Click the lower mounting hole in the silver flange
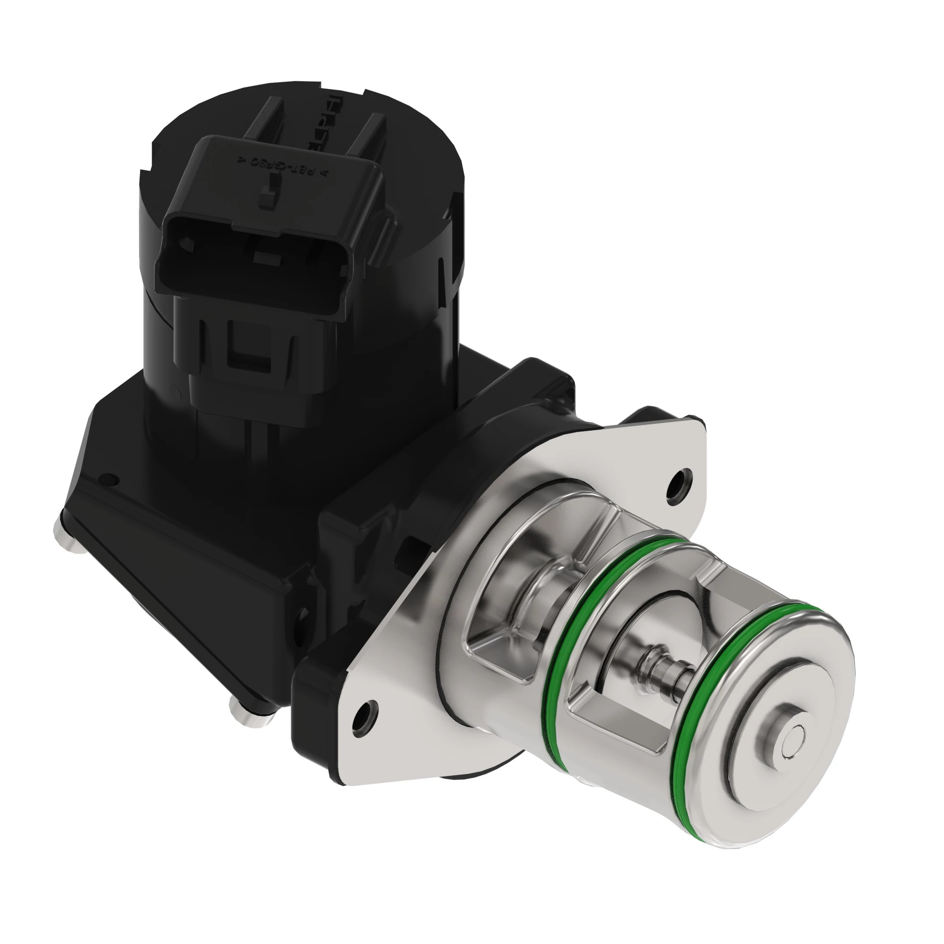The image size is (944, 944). (x=365, y=723)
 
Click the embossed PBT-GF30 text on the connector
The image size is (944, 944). (x=283, y=164)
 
